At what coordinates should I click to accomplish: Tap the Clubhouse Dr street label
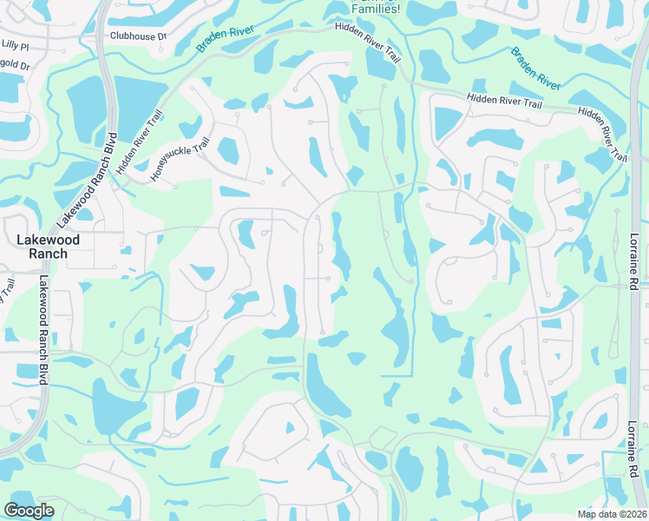pos(137,36)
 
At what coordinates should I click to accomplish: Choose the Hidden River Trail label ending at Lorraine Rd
pos(601,135)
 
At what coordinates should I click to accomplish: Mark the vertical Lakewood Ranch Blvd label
pos(43,330)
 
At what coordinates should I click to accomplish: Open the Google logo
pos(29,511)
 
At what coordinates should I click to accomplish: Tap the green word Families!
pos(375,10)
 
